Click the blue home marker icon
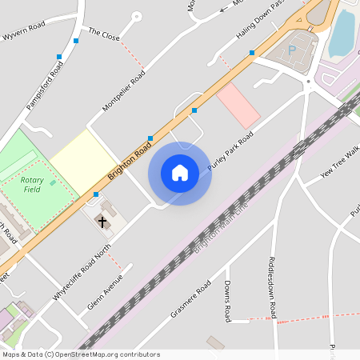coord(180,173)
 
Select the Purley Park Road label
coord(230,151)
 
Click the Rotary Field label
coord(32,185)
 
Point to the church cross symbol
coord(102,220)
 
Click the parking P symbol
coord(292,50)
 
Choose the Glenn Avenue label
coord(104,293)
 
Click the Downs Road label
coord(227,302)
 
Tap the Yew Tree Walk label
coord(338,163)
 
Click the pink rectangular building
coord(238,105)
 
